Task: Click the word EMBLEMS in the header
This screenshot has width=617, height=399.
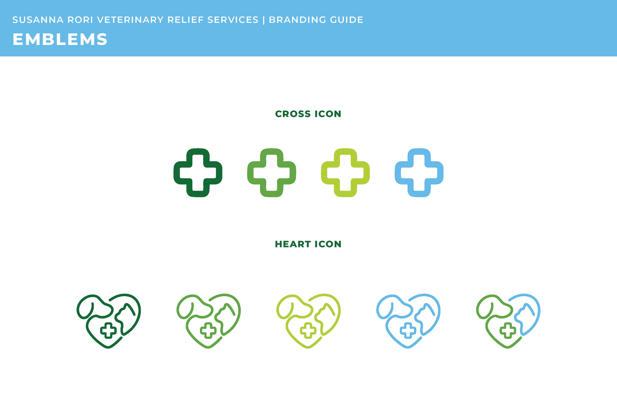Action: pos(60,40)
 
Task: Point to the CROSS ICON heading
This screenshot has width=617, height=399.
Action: pos(308,114)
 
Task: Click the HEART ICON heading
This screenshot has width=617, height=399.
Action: pos(308,244)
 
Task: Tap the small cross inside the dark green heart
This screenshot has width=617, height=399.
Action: pos(108,331)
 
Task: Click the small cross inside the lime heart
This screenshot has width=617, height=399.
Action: pos(308,331)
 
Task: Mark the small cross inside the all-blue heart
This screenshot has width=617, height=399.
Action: pos(408,331)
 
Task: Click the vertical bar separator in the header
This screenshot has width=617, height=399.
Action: pos(264,20)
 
